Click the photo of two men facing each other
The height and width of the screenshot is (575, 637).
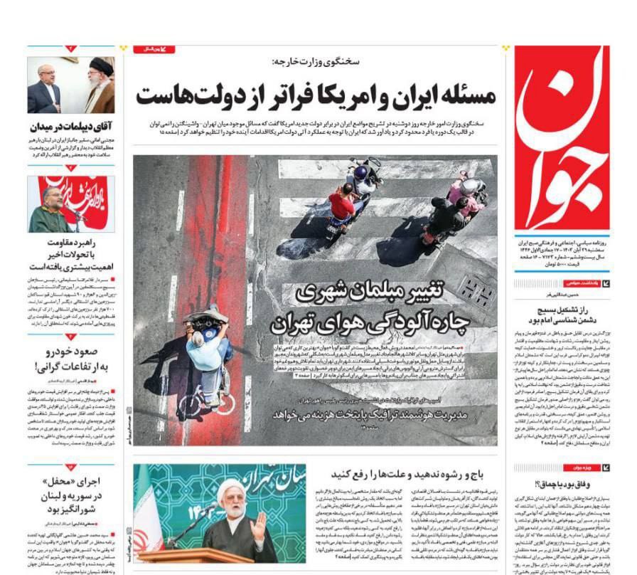[x=71, y=85]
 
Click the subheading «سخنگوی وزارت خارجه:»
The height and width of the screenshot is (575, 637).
[x=316, y=63]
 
